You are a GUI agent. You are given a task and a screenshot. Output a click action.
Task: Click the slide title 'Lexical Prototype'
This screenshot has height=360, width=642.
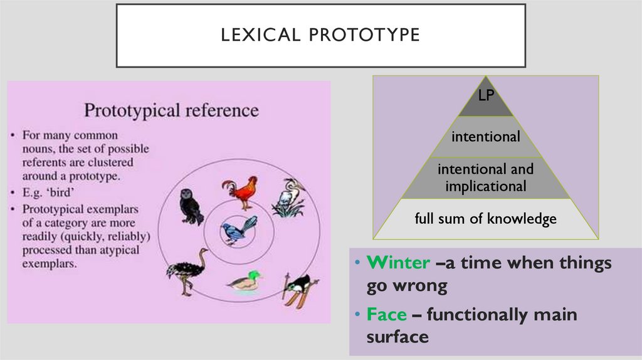pos(320,34)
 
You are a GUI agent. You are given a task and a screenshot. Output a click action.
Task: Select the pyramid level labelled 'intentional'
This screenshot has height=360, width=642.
pos(486,136)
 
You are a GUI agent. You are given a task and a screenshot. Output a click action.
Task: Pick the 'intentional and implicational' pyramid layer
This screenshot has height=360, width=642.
pos(486,177)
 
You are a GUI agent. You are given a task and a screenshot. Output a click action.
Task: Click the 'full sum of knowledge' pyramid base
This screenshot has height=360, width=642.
pos(486,220)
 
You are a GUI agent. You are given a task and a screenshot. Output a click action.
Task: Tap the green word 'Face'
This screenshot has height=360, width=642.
pos(387,315)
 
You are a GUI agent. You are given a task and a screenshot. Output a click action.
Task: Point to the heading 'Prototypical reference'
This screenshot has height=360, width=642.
pos(171,110)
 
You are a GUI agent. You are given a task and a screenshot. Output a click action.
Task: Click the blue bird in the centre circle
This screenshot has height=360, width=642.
pos(239,230)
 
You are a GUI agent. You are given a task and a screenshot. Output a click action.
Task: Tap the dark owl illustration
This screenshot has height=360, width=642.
pos(191,206)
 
